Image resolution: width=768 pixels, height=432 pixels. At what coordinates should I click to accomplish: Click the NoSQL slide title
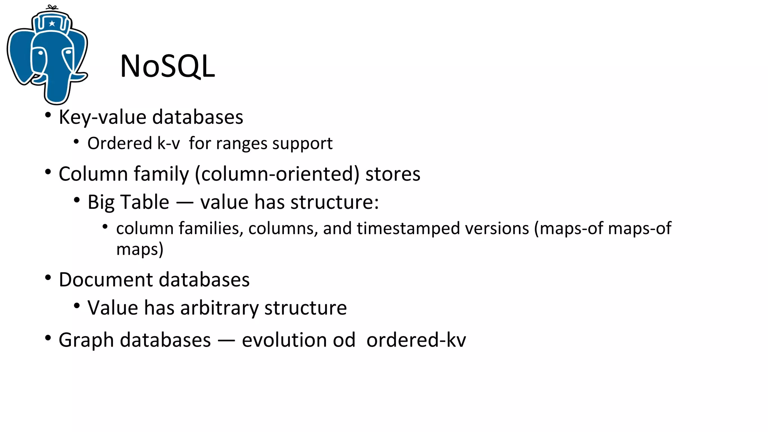pyautogui.click(x=167, y=66)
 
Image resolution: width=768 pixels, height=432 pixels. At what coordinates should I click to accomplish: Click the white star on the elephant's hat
pyautogui.click(x=52, y=24)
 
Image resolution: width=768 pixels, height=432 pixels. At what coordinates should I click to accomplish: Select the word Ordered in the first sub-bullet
pyautogui.click(x=120, y=143)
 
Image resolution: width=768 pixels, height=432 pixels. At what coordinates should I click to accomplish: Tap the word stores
pyautogui.click(x=393, y=174)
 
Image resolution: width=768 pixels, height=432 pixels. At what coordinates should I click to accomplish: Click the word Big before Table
pyautogui.click(x=101, y=202)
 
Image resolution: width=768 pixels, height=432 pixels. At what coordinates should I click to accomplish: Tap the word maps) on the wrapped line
pyautogui.click(x=139, y=249)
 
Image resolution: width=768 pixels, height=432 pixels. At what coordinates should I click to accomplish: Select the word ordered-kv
pyautogui.click(x=416, y=340)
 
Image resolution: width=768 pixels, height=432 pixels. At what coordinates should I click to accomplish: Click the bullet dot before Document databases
pyautogui.click(x=48, y=278)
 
